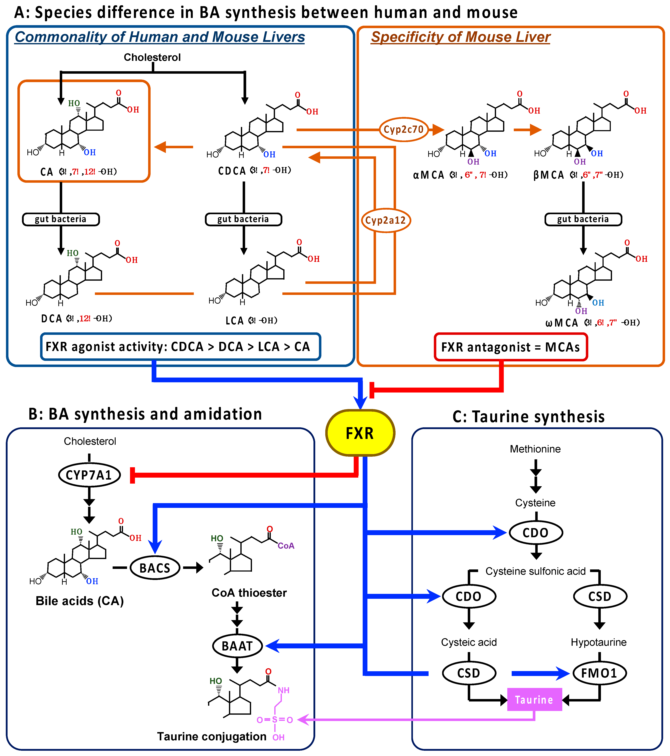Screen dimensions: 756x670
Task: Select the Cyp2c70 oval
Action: click(404, 129)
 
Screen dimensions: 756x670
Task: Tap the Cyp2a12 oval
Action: click(386, 221)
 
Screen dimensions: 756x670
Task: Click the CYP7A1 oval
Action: click(89, 475)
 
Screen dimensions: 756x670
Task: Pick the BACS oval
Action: click(155, 568)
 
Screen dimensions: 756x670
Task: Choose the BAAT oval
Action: click(237, 646)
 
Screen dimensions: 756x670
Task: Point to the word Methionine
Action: click(535, 449)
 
